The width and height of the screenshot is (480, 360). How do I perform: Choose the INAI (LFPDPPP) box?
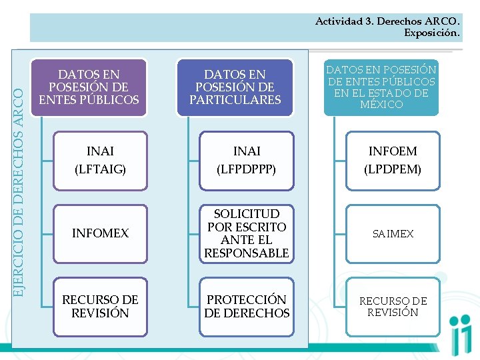point(246,161)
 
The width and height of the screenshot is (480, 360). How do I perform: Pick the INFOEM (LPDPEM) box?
point(393,161)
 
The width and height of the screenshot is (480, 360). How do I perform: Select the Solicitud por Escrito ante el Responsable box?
point(246,233)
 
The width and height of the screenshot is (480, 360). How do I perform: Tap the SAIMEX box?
point(393,234)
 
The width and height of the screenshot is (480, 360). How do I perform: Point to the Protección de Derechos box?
point(246,307)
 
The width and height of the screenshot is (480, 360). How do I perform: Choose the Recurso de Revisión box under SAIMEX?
point(393,307)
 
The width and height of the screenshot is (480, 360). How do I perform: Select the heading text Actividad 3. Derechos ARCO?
point(387,21)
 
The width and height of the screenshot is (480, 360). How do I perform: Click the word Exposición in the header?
point(431,33)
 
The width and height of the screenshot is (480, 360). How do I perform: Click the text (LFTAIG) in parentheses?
point(99,169)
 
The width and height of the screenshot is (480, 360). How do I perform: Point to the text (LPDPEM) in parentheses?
point(393,169)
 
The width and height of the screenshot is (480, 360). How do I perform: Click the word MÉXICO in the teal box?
point(381,105)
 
